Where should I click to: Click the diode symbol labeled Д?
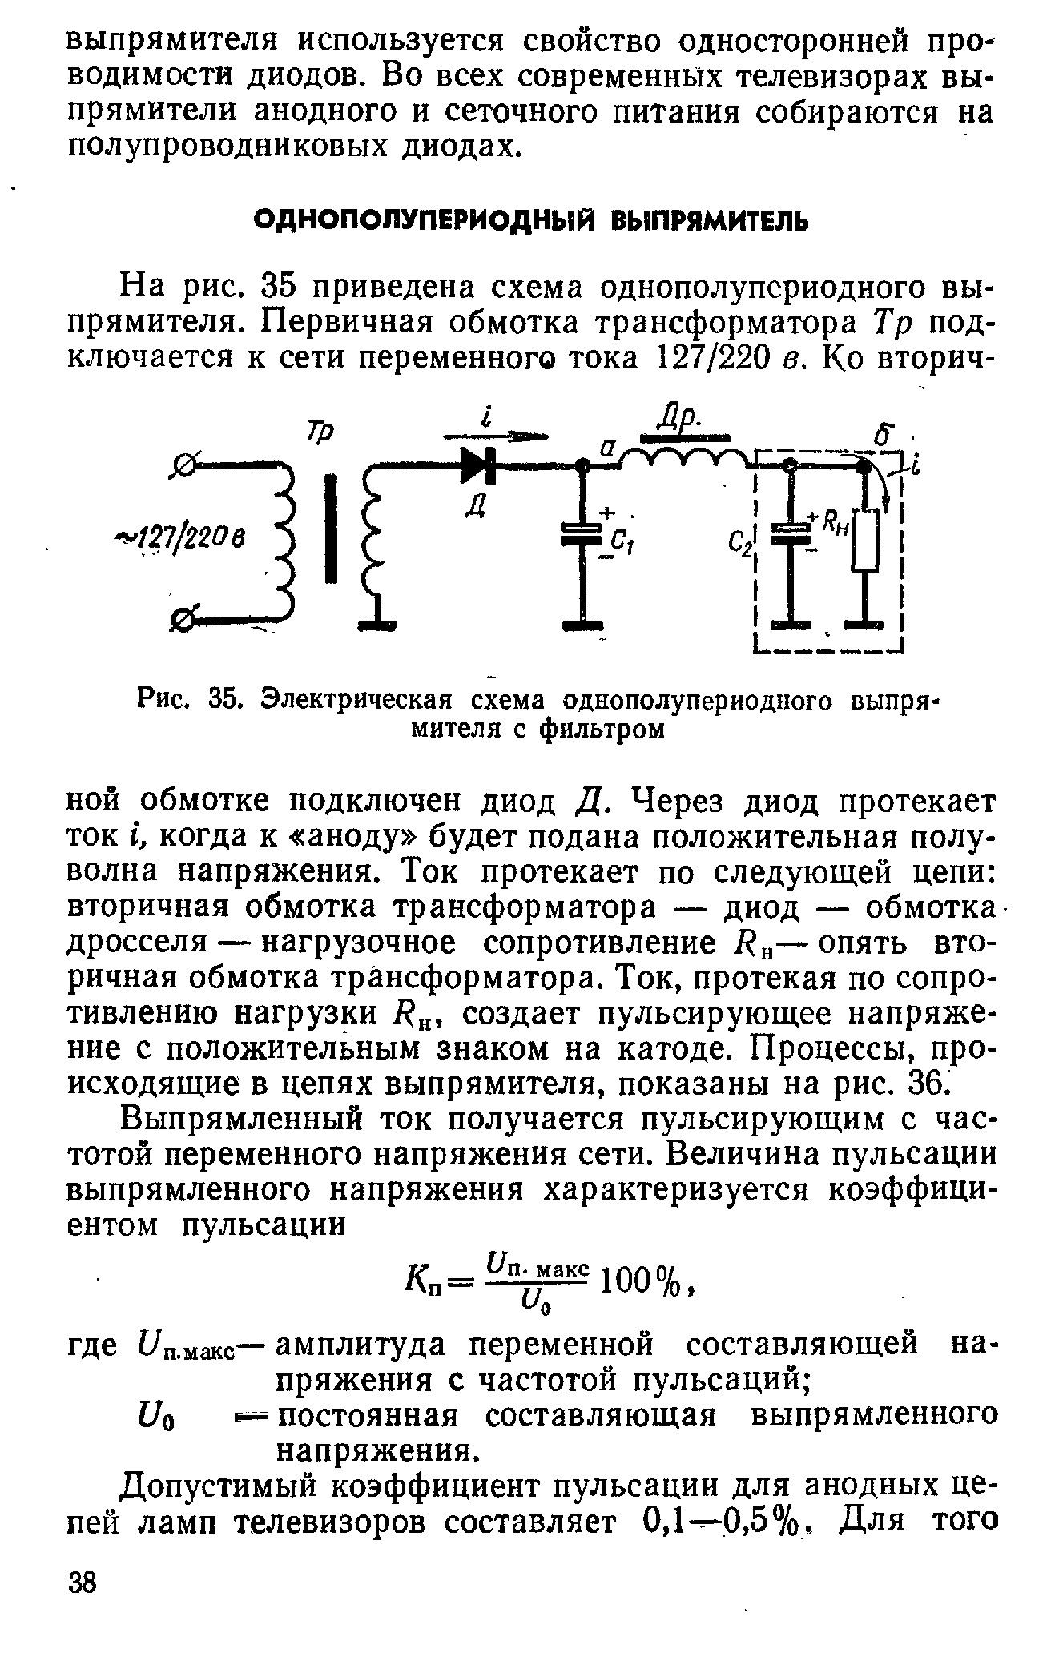click(x=479, y=465)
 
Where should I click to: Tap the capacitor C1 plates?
click(x=584, y=533)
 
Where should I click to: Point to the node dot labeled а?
click(x=584, y=465)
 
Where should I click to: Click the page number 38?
click(x=81, y=1583)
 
